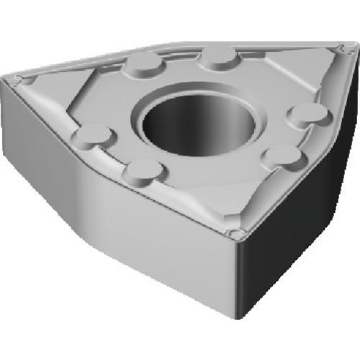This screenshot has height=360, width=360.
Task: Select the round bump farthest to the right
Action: tap(308, 112)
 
